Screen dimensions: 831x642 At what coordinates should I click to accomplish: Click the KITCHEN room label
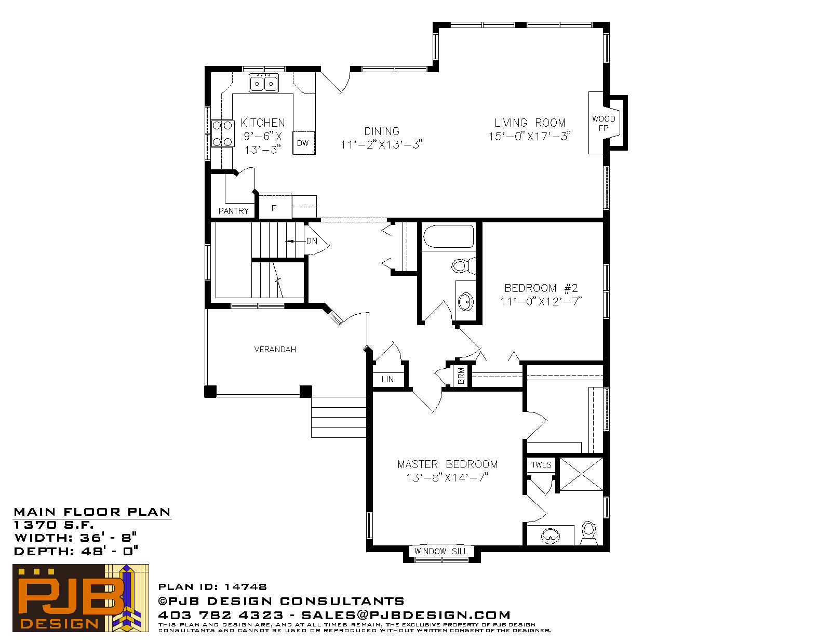click(263, 123)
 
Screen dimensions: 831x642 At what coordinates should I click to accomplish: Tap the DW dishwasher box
click(304, 143)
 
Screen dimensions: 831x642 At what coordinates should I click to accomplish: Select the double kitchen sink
click(264, 83)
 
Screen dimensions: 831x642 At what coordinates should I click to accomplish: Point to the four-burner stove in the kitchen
click(223, 133)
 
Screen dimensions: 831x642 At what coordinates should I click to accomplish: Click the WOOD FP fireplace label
click(604, 123)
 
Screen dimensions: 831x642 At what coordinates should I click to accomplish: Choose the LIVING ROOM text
click(530, 123)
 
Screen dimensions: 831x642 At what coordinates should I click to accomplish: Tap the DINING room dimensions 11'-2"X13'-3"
click(381, 144)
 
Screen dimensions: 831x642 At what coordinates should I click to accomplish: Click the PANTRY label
click(233, 211)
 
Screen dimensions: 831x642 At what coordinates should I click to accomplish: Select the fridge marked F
click(275, 206)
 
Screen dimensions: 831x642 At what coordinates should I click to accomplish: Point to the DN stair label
click(312, 242)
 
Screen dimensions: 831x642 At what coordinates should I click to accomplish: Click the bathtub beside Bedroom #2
click(449, 236)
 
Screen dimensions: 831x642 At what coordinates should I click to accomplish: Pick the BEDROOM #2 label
click(541, 288)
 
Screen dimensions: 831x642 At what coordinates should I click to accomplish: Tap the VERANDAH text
click(275, 349)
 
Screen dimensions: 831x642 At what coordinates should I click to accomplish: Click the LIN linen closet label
click(387, 379)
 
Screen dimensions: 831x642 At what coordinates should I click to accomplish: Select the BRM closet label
click(461, 376)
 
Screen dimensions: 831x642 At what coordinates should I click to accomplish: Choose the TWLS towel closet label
click(541, 464)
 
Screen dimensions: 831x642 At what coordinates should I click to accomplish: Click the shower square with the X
click(581, 474)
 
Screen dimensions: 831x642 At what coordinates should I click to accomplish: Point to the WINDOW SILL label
click(441, 551)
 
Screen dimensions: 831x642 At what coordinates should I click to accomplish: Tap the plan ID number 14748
click(245, 587)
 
